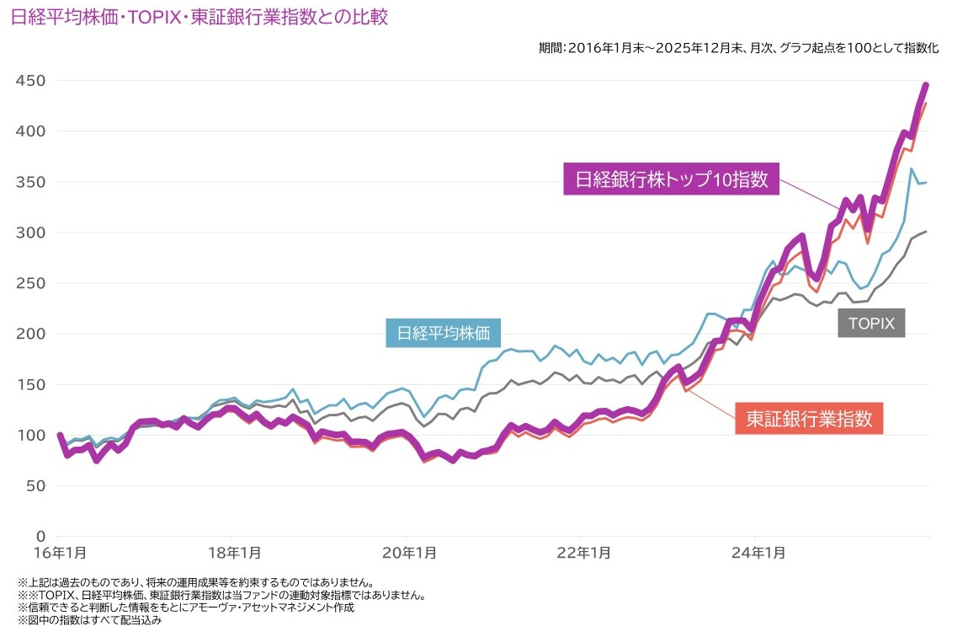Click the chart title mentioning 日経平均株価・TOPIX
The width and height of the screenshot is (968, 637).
(x=199, y=18)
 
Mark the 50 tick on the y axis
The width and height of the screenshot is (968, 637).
(x=35, y=486)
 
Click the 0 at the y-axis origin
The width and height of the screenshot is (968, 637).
(x=40, y=537)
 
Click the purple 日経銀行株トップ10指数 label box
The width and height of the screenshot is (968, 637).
(x=671, y=179)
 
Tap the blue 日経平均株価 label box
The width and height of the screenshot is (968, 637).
(x=443, y=332)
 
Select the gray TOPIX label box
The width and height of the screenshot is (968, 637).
(x=871, y=322)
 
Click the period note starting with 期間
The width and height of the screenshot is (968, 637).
(x=738, y=48)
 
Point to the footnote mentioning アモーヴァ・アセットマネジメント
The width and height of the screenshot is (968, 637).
(x=185, y=607)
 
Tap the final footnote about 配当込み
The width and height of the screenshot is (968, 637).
(x=88, y=619)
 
